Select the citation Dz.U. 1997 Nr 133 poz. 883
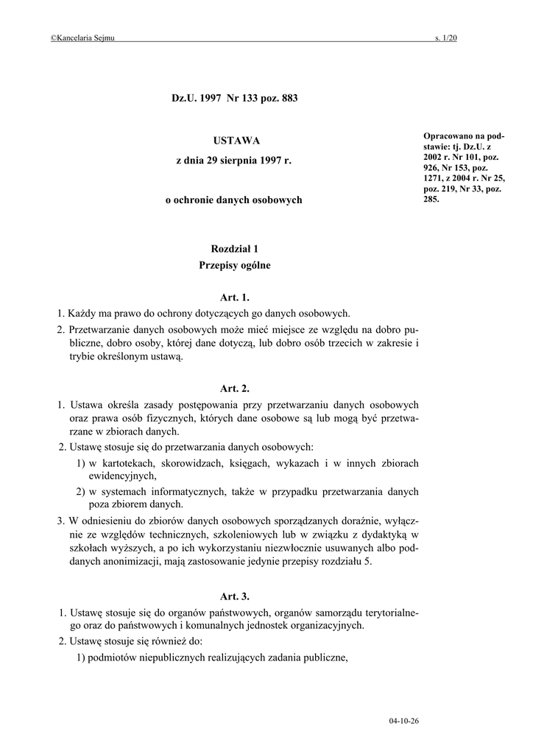pyautogui.click(x=235, y=98)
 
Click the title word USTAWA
pyautogui.click(x=236, y=140)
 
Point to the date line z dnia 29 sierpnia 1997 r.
pyautogui.click(x=234, y=160)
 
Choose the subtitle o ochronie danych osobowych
pyautogui.click(x=234, y=200)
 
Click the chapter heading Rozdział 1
pyautogui.click(x=235, y=250)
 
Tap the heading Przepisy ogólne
pyautogui.click(x=235, y=265)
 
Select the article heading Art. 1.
pyautogui.click(x=235, y=297)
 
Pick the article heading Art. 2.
pyautogui.click(x=235, y=388)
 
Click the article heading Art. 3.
pyautogui.click(x=235, y=596)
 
